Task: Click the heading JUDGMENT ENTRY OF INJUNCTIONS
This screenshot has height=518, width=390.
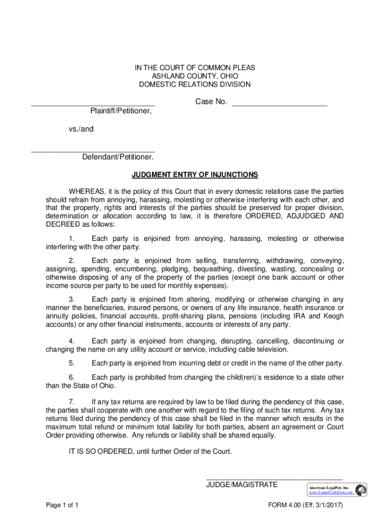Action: click(x=195, y=175)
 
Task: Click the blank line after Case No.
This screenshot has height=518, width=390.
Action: click(x=279, y=105)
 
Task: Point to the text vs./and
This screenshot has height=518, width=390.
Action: click(x=81, y=129)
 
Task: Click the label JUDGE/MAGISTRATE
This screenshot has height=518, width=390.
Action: click(x=242, y=485)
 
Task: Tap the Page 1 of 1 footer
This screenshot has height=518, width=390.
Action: click(x=61, y=505)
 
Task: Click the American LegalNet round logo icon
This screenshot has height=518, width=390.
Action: click(x=361, y=490)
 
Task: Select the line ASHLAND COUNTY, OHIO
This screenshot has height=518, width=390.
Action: click(x=195, y=76)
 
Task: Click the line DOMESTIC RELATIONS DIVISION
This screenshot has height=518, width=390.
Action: click(x=195, y=84)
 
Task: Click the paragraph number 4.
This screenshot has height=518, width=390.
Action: click(x=72, y=340)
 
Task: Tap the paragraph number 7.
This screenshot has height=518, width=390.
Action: click(x=72, y=402)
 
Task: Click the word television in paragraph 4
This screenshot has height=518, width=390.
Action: click(x=272, y=349)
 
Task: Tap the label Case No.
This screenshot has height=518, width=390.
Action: click(x=211, y=102)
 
